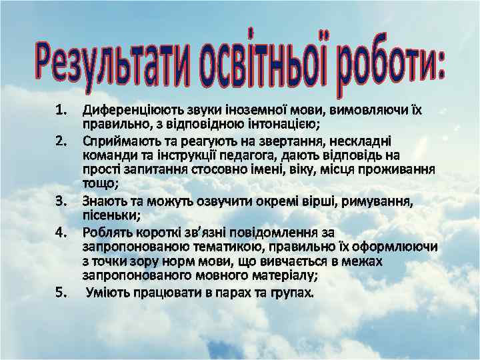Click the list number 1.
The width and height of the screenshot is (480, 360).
pos(62,109)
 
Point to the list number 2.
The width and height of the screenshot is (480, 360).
pos(62,141)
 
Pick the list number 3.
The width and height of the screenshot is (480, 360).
pos(62,200)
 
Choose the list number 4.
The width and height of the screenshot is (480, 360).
pos(62,232)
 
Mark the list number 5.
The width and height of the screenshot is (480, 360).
pos(62,291)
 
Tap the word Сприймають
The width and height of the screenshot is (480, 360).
pos(117,141)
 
